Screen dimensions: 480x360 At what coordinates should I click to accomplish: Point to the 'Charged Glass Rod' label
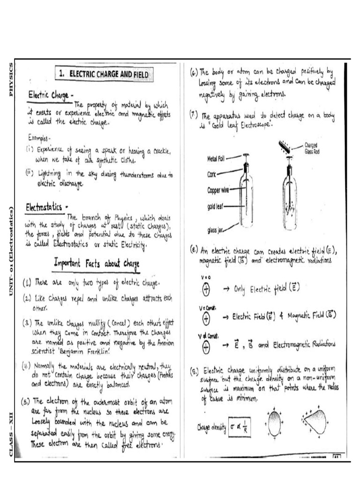point(314,148)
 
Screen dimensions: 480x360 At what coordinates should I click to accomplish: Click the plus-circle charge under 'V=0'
point(206,289)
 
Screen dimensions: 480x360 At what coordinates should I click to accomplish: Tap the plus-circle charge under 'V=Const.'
point(206,318)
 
